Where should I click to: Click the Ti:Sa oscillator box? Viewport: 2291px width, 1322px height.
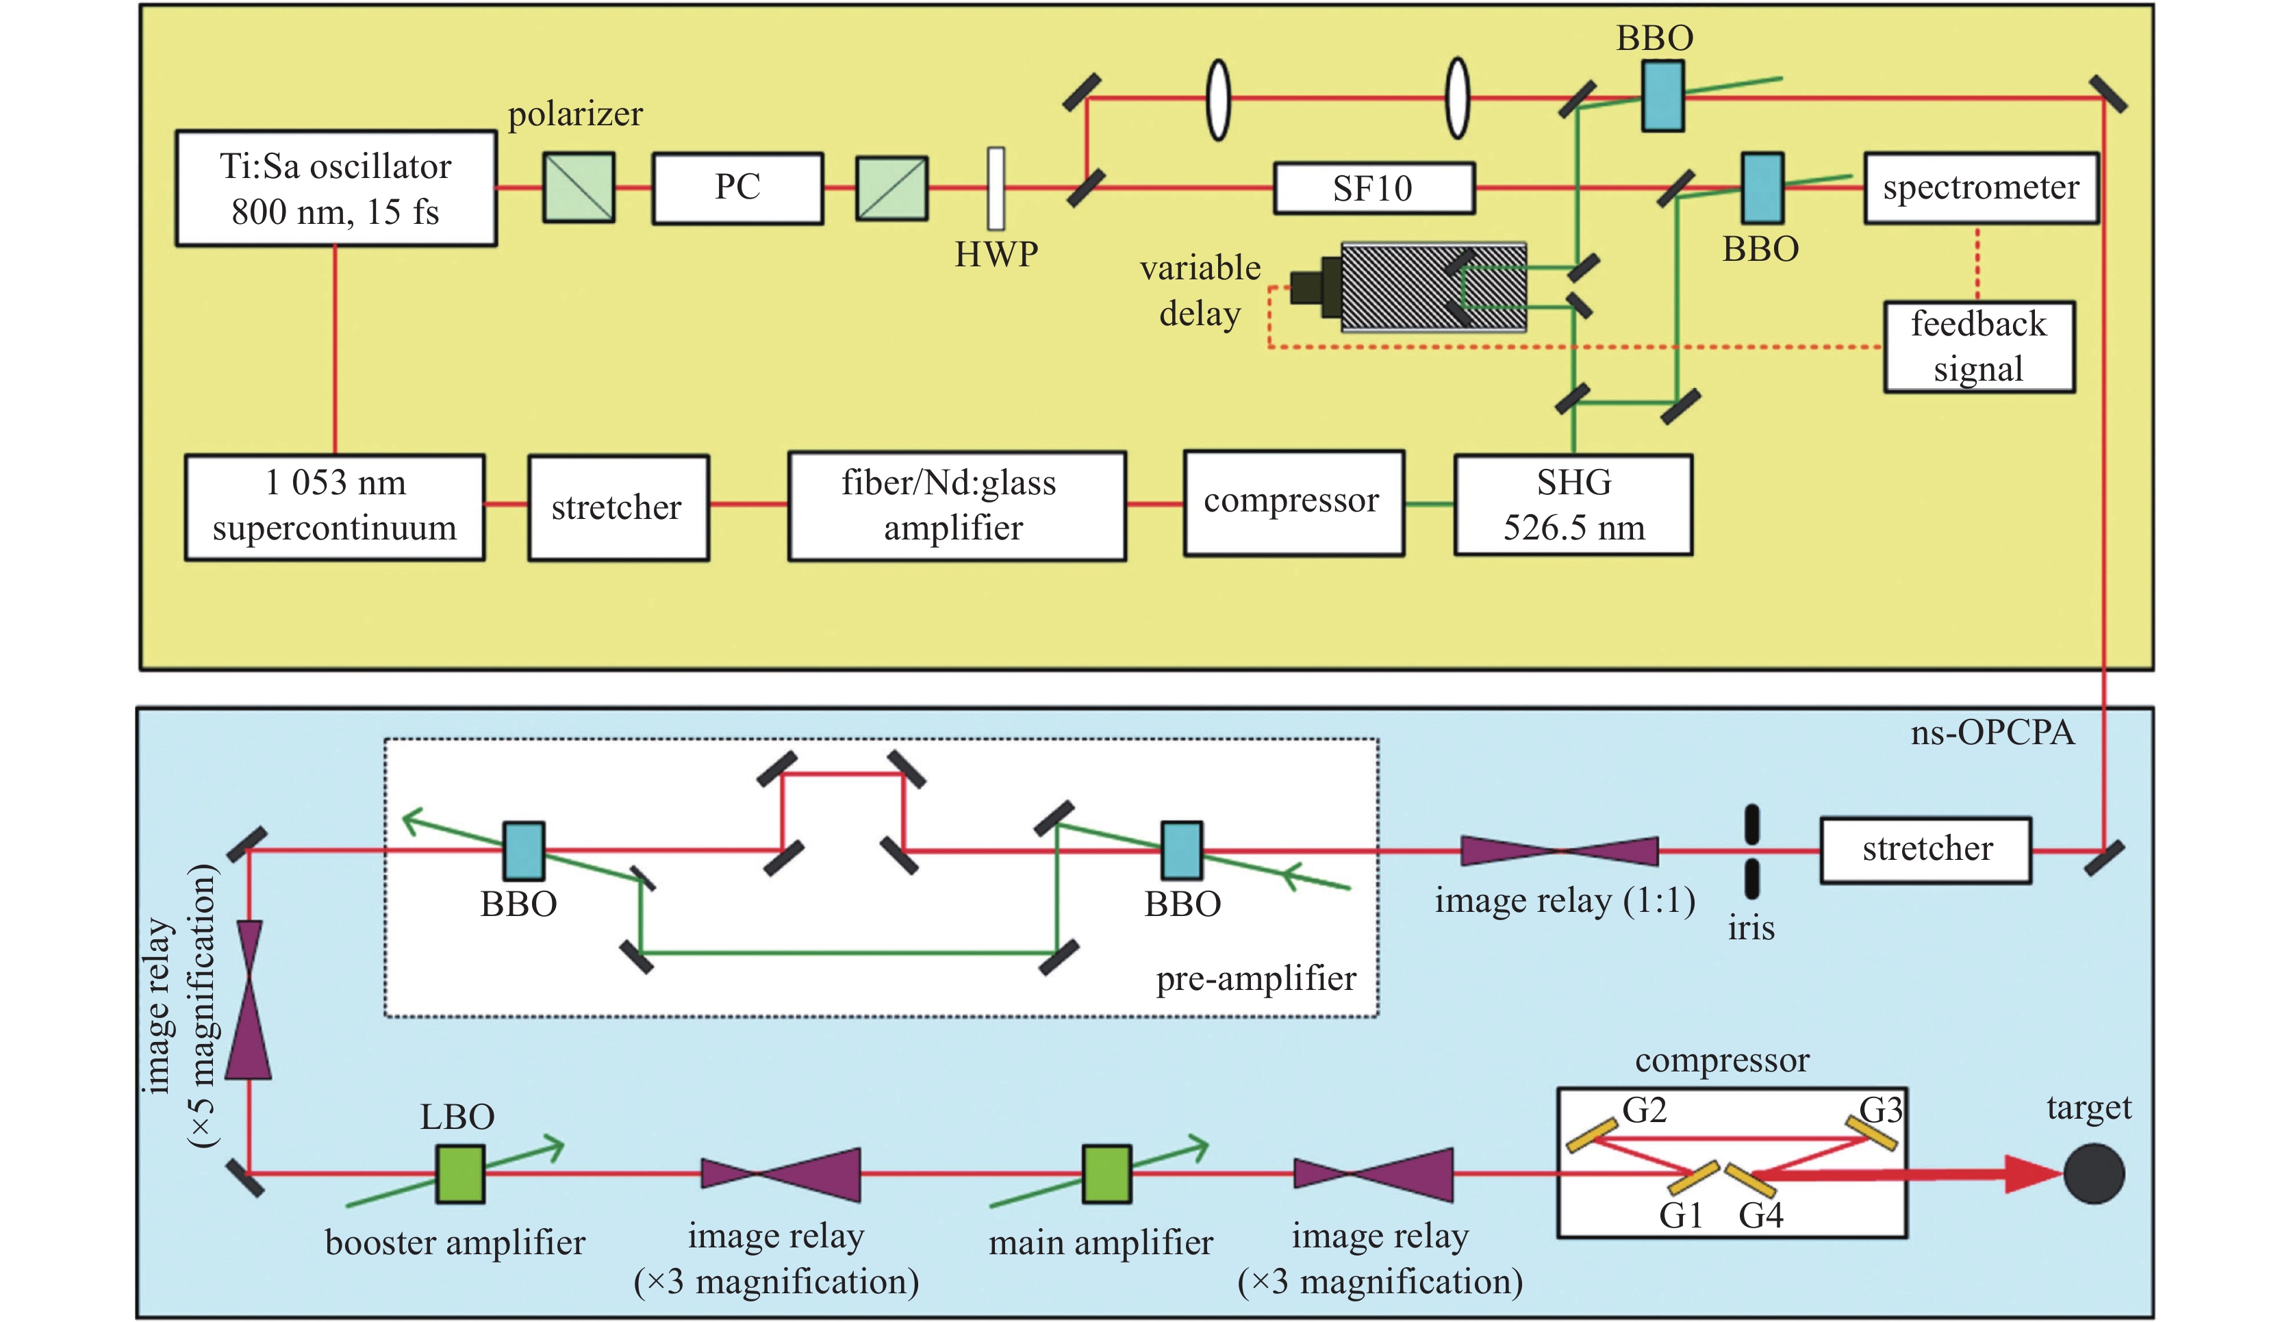(x=336, y=189)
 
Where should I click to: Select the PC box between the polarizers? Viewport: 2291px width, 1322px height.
(x=737, y=188)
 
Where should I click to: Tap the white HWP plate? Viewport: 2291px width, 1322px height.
(x=996, y=189)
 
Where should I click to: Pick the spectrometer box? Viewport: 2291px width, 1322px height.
(x=1980, y=188)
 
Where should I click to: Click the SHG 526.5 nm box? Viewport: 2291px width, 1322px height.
(x=1573, y=505)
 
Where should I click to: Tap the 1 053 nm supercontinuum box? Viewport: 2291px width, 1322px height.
(x=334, y=507)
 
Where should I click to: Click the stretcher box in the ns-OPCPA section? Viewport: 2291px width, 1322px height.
(x=1925, y=850)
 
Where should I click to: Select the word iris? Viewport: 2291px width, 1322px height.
(x=1751, y=928)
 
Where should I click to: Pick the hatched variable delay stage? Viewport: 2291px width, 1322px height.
(x=1433, y=287)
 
